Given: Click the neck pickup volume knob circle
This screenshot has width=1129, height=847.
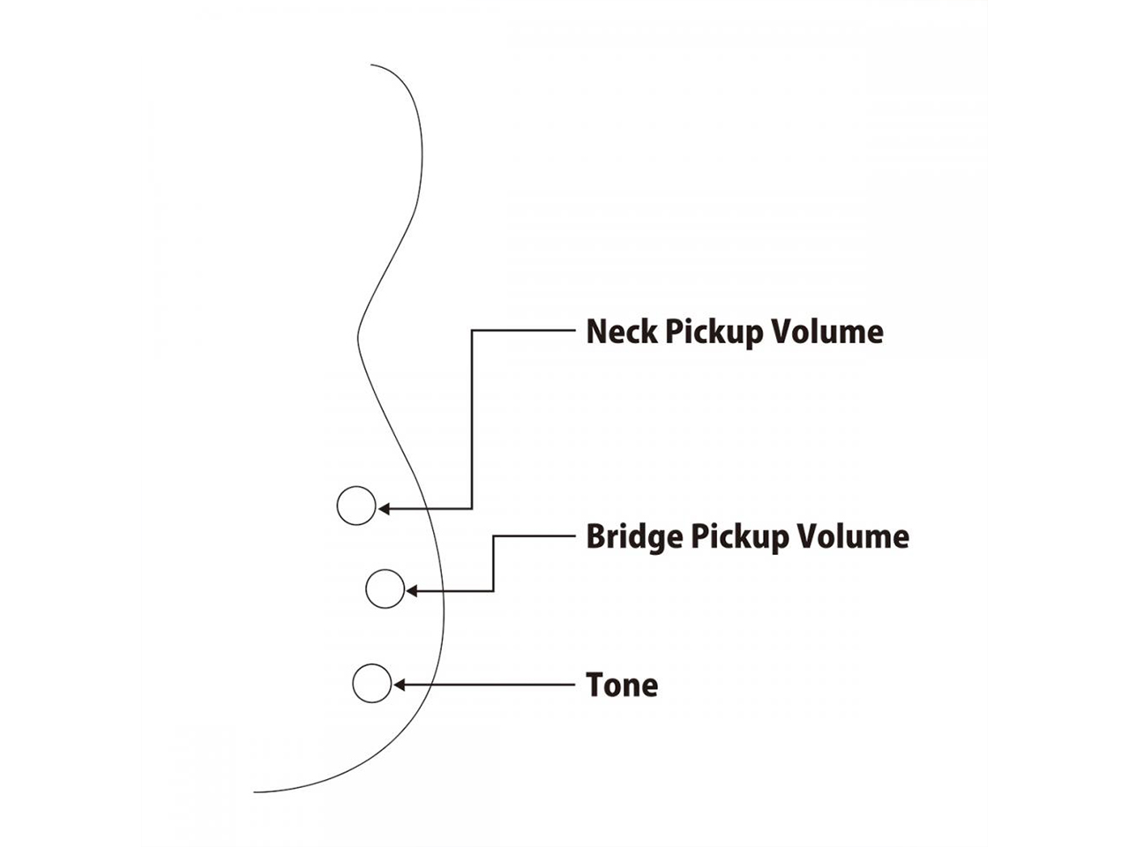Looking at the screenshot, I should pyautogui.click(x=356, y=506).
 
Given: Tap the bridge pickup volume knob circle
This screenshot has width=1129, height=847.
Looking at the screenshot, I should pyautogui.click(x=385, y=589).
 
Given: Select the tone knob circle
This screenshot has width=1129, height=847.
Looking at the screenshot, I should pyautogui.click(x=371, y=684).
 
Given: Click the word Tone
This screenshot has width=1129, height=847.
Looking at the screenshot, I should pyautogui.click(x=622, y=686).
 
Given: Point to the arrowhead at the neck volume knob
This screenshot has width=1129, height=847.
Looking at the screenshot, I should pyautogui.click(x=383, y=508).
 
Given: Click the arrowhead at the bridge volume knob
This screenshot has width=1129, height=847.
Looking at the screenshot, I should pyautogui.click(x=411, y=590).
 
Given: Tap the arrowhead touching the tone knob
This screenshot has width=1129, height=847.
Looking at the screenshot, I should pyautogui.click(x=398, y=685).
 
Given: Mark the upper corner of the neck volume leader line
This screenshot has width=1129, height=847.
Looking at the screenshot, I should pyautogui.click(x=473, y=331).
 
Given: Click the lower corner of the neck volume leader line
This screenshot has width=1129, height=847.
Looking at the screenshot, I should pyautogui.click(x=473, y=508).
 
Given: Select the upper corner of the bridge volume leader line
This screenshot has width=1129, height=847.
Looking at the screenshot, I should pyautogui.click(x=493, y=536).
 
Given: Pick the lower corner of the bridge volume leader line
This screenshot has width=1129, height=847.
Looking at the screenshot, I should pyautogui.click(x=493, y=590).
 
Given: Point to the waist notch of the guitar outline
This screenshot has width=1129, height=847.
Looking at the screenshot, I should pyautogui.click(x=357, y=333).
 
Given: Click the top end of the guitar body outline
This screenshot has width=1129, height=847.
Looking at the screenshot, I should pyautogui.click(x=371, y=65).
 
